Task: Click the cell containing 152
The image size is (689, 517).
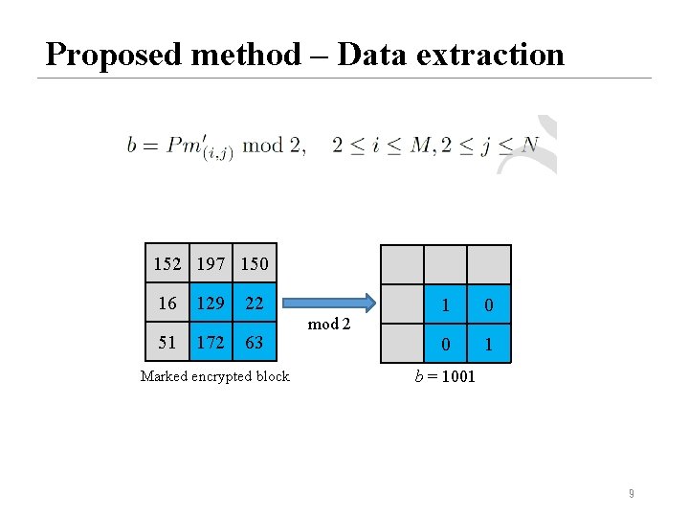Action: [x=168, y=263]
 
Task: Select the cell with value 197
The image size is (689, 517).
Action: [x=211, y=263]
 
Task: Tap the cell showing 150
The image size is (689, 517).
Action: [x=254, y=263]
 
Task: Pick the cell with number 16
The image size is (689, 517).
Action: [x=168, y=303]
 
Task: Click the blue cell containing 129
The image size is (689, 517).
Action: [x=211, y=303]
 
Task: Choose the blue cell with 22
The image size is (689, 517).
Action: [x=254, y=303]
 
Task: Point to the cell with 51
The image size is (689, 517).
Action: [x=168, y=342]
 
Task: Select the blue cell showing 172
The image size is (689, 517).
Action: [x=211, y=342]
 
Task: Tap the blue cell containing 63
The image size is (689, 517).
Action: [x=254, y=342]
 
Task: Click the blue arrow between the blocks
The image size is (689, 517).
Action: [x=330, y=300]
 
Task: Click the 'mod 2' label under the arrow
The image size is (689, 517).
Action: [x=329, y=325]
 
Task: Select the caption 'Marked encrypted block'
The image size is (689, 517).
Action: [x=214, y=376]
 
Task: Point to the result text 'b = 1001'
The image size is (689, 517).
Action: [x=444, y=376]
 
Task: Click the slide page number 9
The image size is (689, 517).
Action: [x=631, y=494]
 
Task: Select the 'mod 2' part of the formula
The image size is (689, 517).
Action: [x=275, y=146]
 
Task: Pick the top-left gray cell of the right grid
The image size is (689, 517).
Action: [x=402, y=264]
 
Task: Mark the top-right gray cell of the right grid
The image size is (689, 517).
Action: [x=489, y=264]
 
